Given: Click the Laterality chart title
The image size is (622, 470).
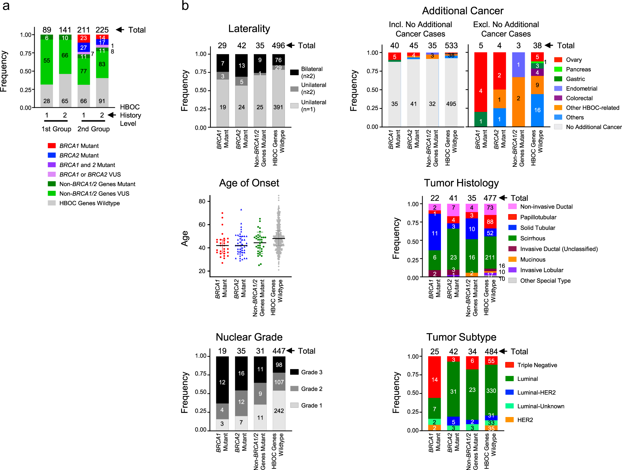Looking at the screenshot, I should (x=249, y=29).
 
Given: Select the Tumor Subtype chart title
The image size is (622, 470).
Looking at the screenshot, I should (x=461, y=337).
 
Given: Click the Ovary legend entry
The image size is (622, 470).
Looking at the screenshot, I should (x=573, y=60).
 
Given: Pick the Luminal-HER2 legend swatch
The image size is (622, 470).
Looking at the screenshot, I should (x=510, y=392).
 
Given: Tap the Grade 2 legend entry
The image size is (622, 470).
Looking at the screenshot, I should (x=311, y=389).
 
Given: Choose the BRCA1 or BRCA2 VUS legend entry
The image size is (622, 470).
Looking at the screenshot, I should (x=90, y=175).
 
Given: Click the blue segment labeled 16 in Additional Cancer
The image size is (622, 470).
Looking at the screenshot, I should (x=537, y=110).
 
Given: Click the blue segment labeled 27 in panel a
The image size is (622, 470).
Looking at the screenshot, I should (x=84, y=47).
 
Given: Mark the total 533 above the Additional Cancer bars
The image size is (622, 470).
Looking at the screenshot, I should (x=451, y=46).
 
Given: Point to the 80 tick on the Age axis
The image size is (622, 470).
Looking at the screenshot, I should (x=202, y=201).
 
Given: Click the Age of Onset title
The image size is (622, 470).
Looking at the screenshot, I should (x=249, y=183).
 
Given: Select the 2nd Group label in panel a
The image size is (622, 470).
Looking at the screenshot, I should (x=93, y=129).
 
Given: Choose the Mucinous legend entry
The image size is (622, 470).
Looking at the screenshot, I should (x=533, y=260).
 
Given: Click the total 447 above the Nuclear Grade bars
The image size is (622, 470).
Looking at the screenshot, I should (x=279, y=351).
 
